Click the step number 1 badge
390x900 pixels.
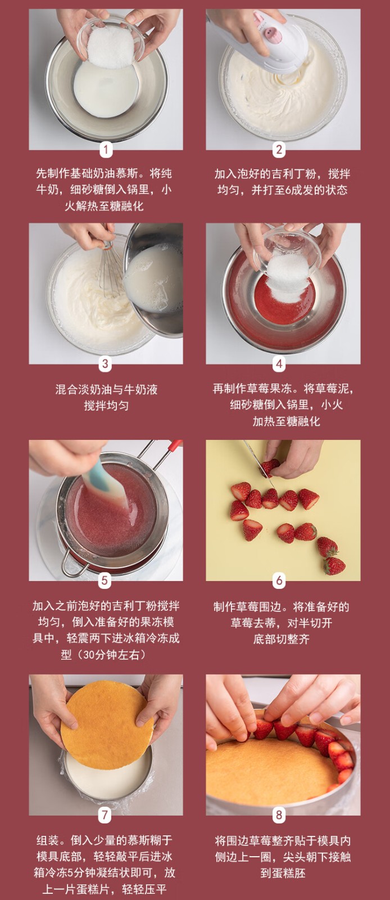(106, 150)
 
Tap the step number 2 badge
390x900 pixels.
(279, 150)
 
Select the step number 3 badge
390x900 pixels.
(105, 364)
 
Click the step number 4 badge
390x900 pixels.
(279, 364)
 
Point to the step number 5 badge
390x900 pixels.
(105, 580)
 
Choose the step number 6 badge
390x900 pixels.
(279, 580)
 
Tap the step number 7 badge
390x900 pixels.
(105, 815)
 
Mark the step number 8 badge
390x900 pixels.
(279, 815)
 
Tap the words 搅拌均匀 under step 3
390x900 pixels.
(106, 406)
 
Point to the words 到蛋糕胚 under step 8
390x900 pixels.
(283, 873)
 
